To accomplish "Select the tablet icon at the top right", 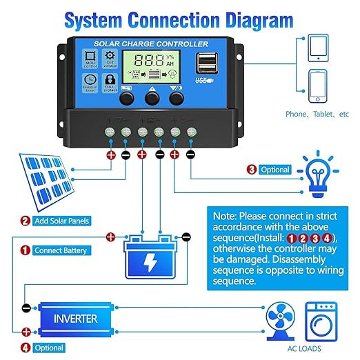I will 318,46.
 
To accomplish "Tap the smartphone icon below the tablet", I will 318,87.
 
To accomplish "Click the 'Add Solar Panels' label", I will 63,221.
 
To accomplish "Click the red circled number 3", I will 252,169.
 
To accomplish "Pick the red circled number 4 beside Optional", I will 26,348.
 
